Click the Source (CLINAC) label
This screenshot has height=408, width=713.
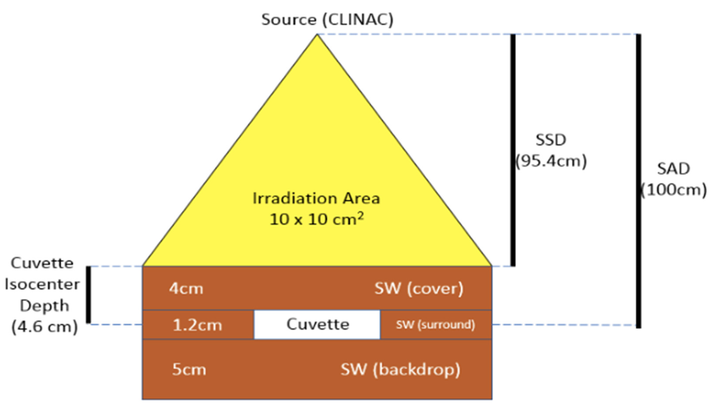327,20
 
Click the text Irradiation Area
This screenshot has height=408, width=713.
316,198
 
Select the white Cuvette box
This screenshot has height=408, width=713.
317,325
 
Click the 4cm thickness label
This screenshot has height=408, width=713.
186,289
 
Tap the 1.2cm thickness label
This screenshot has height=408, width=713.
197,325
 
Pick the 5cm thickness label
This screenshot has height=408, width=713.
189,369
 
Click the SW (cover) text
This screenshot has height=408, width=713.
419,289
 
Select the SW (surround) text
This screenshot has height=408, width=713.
435,325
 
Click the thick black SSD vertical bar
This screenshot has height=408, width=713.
513,150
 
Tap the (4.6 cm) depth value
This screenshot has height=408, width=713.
45,327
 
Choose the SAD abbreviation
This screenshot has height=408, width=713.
673,169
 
